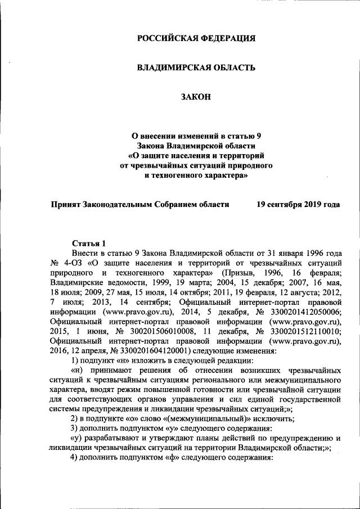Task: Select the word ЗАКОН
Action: (196, 98)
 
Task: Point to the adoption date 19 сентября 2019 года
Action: (298, 205)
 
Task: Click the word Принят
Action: (65, 205)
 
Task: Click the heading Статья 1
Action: (89, 243)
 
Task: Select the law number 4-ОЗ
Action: (73, 263)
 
